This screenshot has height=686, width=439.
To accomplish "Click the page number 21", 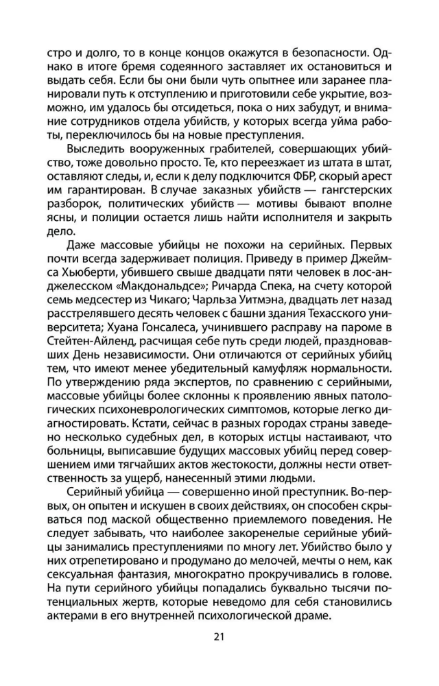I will coord(219,637).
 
